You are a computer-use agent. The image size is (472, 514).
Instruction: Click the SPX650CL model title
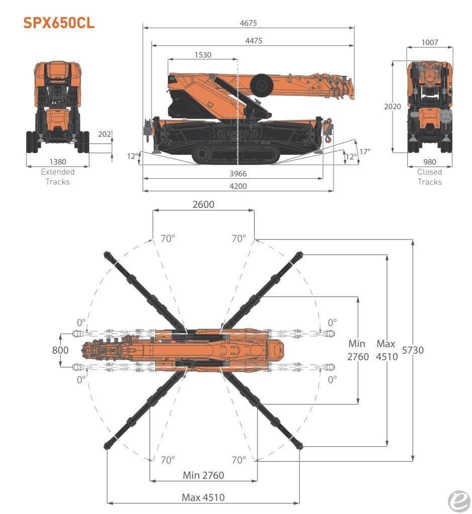[x=59, y=23]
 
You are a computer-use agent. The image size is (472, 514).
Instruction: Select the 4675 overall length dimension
[x=248, y=23]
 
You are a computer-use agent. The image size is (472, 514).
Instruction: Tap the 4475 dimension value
[x=254, y=41]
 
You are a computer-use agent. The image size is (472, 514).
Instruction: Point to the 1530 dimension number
[x=203, y=55]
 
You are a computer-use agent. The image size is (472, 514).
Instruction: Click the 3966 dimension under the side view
[x=238, y=174]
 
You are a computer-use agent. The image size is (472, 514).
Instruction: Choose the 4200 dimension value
[x=238, y=186]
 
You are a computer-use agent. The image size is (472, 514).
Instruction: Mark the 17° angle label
[x=365, y=152]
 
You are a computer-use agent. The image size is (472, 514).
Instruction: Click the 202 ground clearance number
[x=104, y=134]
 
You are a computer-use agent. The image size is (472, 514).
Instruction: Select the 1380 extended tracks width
[x=58, y=162]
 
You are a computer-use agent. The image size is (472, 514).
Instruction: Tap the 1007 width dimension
[x=430, y=42]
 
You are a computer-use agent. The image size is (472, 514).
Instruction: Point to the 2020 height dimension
[x=392, y=106]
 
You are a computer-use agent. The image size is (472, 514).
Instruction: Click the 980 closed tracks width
[x=430, y=162]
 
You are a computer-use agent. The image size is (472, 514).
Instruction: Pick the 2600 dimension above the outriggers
[x=203, y=205]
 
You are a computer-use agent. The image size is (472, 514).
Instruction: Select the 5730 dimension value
[x=413, y=350]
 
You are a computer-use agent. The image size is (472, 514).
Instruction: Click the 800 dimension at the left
[x=60, y=350]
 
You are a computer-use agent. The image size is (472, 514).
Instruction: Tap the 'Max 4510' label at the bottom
[x=203, y=497]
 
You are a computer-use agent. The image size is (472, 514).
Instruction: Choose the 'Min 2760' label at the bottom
[x=203, y=475]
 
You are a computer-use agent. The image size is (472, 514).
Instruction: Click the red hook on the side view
[x=328, y=139]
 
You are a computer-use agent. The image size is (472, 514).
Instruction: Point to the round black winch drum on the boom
[x=262, y=85]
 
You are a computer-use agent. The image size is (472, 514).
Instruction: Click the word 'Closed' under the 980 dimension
[x=430, y=172]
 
